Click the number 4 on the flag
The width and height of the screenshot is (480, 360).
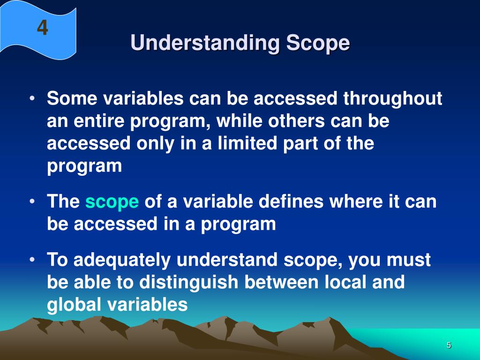point(43,29)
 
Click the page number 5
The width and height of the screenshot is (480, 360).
point(449,345)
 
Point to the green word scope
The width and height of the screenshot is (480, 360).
point(112,202)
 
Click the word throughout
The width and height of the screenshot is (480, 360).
point(393,99)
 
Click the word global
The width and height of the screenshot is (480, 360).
point(75,305)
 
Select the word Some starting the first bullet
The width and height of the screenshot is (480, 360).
point(71,99)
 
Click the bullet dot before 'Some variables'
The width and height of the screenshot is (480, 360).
point(32,99)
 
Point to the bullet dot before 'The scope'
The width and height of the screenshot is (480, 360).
point(32,202)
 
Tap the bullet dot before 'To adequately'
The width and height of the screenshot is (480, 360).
point(32,261)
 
